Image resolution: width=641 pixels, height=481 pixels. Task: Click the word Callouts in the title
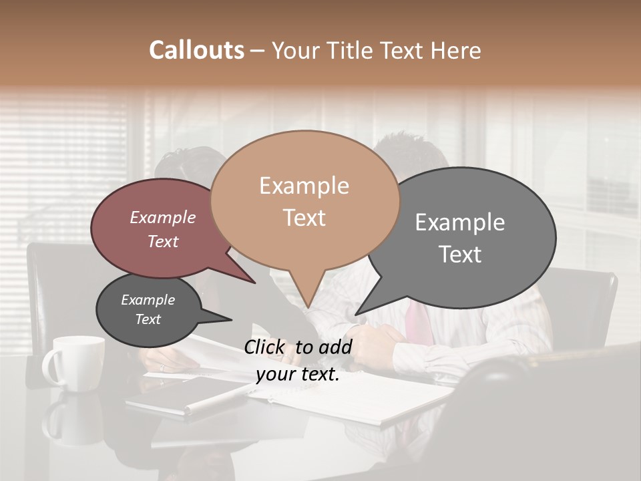[x=196, y=50]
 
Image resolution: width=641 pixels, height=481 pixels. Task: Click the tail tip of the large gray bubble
[x=357, y=314]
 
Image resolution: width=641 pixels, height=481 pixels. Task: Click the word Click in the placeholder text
[x=266, y=347]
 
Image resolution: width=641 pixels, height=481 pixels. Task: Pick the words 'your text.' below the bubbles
[x=298, y=374]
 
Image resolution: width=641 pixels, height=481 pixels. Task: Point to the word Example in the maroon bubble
[x=163, y=218]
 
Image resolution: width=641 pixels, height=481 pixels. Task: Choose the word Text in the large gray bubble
[x=460, y=254]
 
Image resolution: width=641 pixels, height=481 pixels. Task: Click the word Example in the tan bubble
[x=304, y=186]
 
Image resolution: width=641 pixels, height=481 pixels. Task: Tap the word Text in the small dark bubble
[x=148, y=319]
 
